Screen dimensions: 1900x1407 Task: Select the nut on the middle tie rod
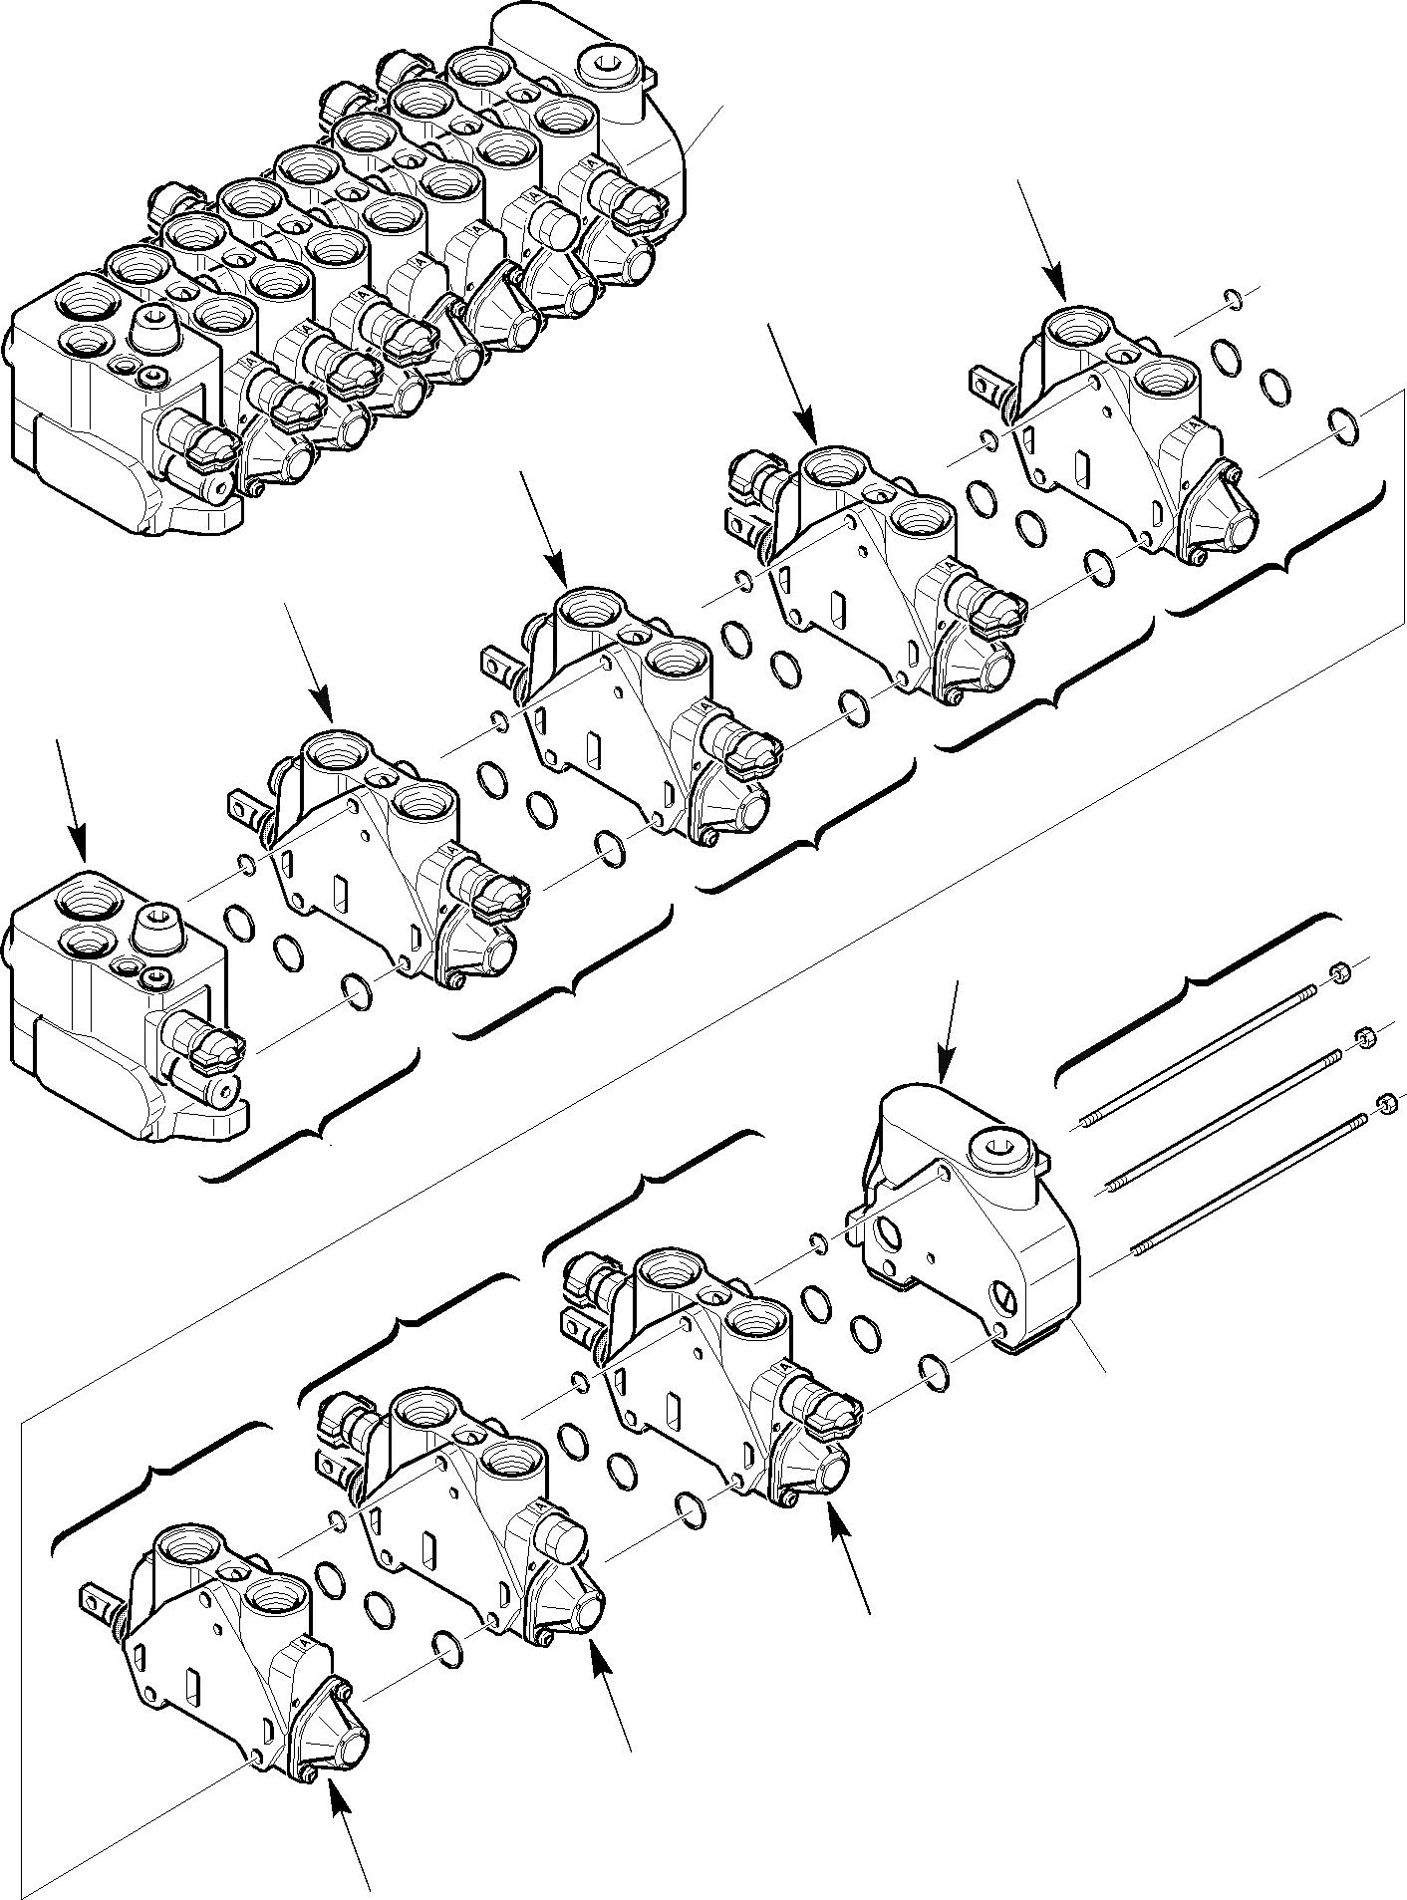(1364, 1037)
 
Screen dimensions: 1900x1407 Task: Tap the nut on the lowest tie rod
(1386, 1103)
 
